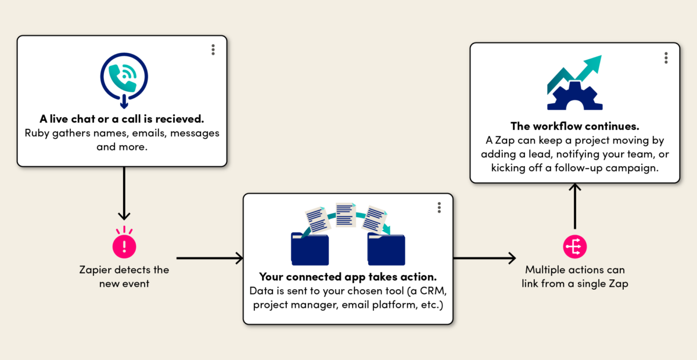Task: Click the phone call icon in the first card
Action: (124, 80)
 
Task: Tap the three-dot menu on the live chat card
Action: (213, 50)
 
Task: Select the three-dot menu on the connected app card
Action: (439, 207)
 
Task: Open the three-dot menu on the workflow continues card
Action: (666, 58)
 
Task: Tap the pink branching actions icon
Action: (574, 247)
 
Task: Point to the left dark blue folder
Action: (310, 249)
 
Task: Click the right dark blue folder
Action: (386, 249)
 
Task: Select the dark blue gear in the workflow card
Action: (574, 96)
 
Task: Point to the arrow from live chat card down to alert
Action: (124, 193)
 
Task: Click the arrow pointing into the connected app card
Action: (210, 258)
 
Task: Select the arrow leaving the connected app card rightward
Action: (484, 258)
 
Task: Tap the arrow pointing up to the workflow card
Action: (574, 206)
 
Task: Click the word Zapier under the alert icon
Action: (95, 270)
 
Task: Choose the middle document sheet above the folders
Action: (346, 214)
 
